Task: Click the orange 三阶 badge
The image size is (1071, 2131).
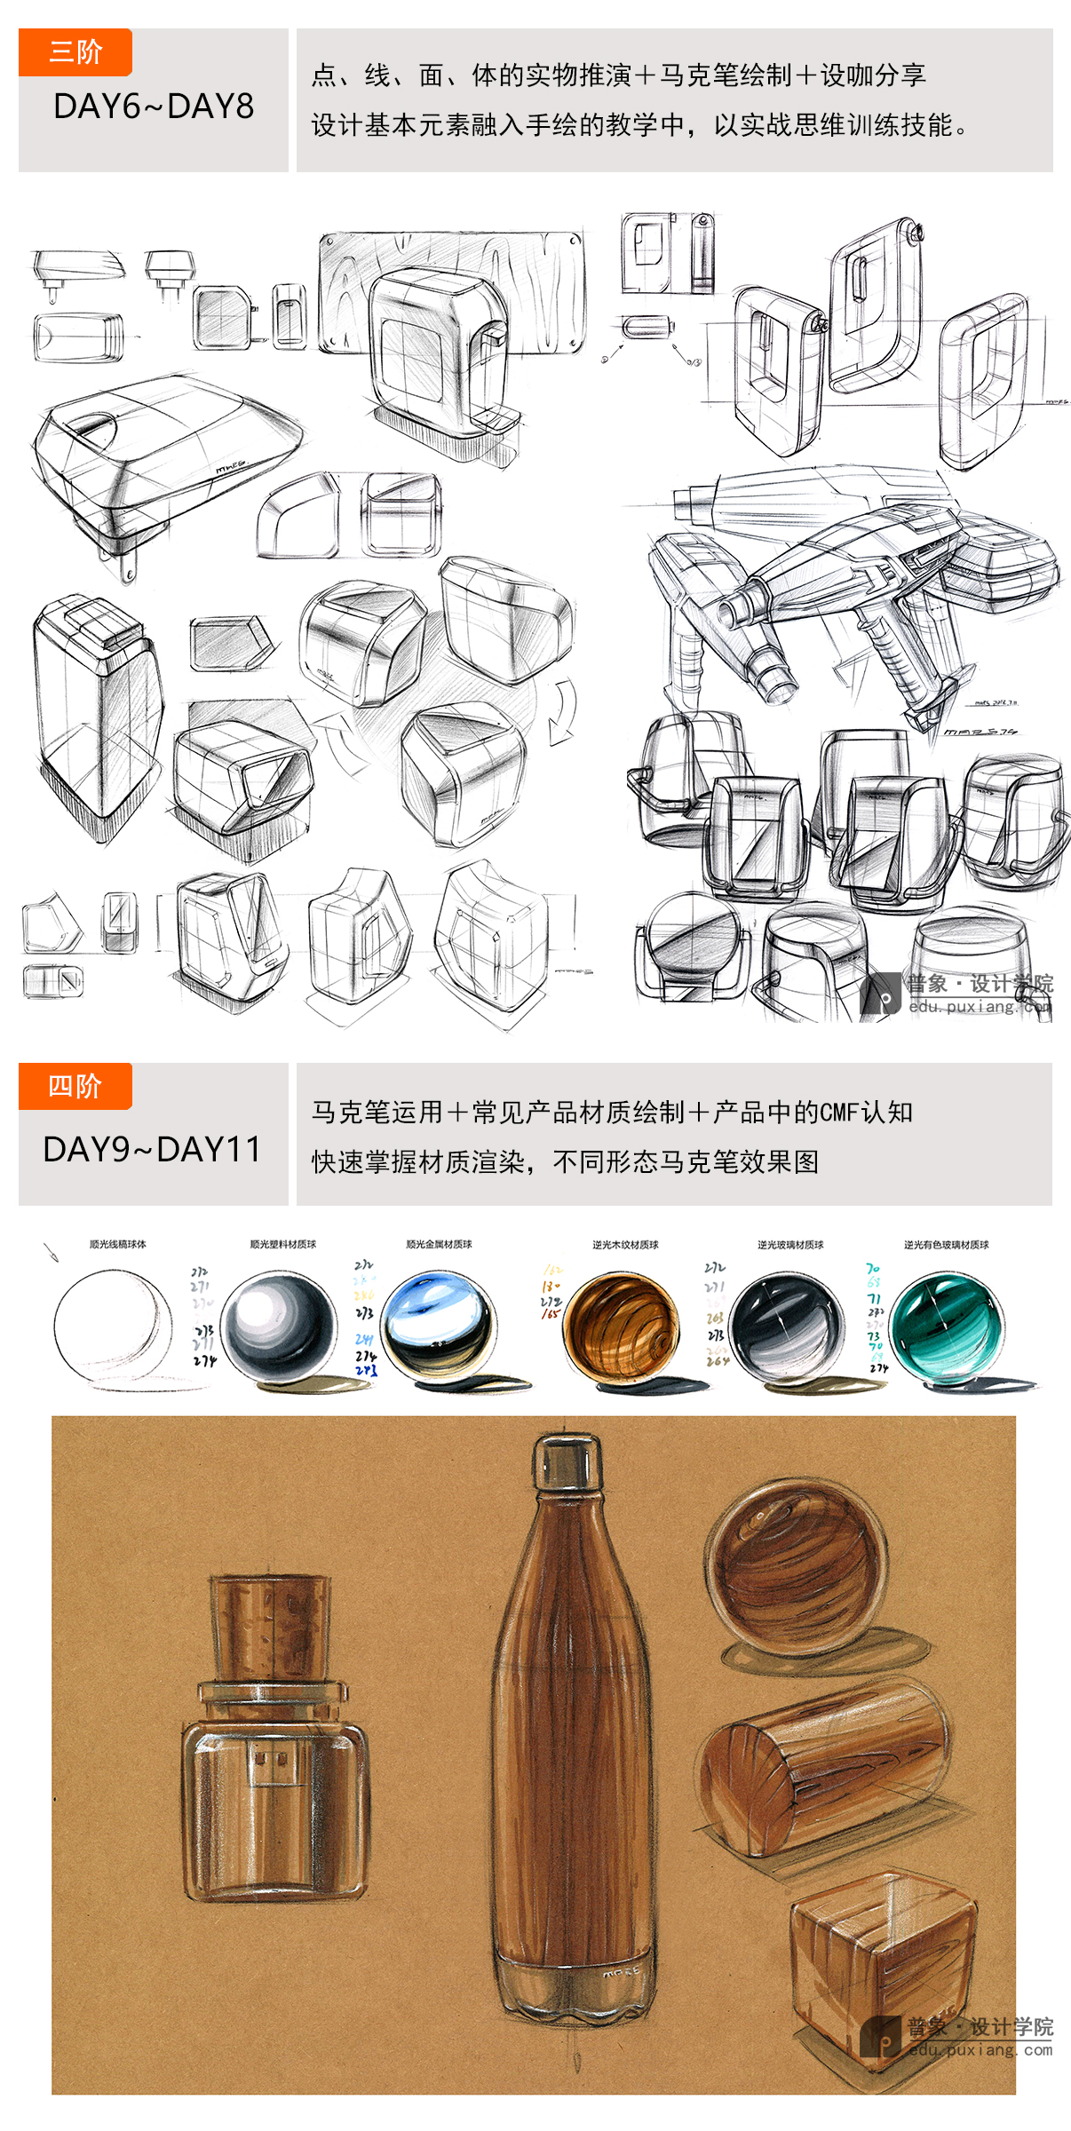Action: tap(75, 52)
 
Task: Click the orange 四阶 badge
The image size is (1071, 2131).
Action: tap(75, 1086)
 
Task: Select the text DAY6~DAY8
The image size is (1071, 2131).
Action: tap(154, 107)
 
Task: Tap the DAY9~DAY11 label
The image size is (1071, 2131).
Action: tap(152, 1149)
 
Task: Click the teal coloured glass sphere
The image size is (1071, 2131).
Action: tap(946, 1327)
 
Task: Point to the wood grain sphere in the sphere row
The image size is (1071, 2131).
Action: tap(622, 1327)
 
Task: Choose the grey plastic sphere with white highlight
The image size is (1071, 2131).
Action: tap(279, 1326)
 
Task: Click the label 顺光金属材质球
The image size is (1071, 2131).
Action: tap(439, 1245)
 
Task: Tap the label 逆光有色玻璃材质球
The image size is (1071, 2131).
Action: tap(946, 1245)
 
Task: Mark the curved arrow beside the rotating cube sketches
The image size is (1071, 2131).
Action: tap(563, 710)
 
